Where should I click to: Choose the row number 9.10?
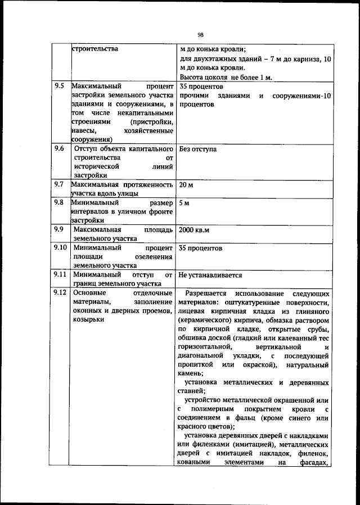point(61,247)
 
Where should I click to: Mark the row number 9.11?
point(61,276)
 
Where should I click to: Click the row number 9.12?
point(61,294)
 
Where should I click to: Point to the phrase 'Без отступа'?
point(197,150)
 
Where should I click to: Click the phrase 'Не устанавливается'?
point(210,276)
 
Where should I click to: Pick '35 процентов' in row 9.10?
point(200,248)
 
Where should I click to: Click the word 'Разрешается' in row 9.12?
point(206,294)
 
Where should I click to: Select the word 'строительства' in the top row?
point(95,49)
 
